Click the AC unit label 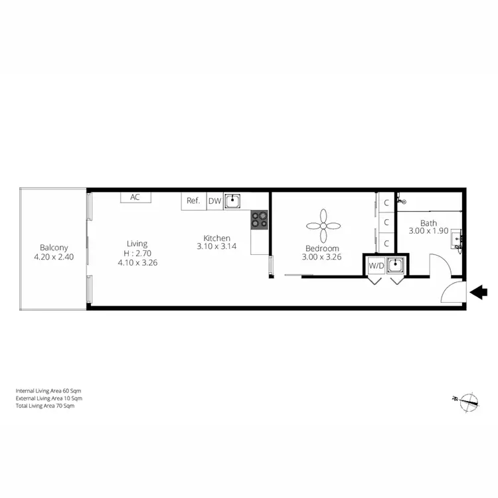tap(135, 197)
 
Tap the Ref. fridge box tap(193, 201)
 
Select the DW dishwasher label tap(214, 201)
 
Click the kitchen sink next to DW tap(232, 201)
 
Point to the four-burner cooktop tap(259, 220)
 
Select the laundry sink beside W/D tap(396, 266)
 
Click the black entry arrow tap(479, 291)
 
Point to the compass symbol tap(468, 400)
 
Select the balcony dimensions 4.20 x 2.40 tap(53, 256)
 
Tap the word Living tap(137, 244)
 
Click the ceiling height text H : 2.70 tap(137, 253)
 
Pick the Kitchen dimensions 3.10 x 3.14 tap(216, 246)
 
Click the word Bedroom tap(322, 248)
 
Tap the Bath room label tap(428, 223)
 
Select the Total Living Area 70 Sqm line tap(45, 406)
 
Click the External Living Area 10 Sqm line tap(49, 398)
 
